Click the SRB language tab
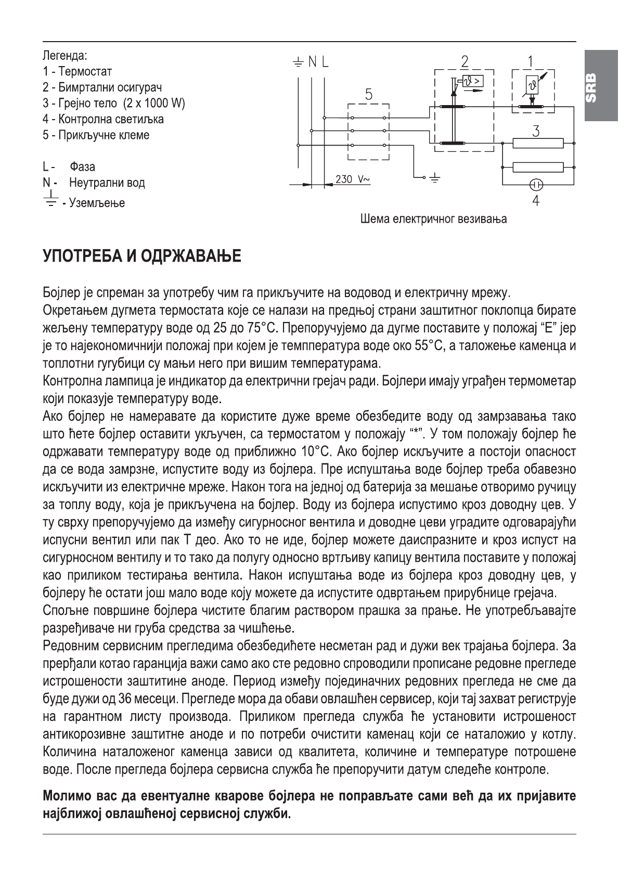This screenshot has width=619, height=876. click(601, 88)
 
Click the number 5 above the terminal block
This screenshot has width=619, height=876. click(368, 95)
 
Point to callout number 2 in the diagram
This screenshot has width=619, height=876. click(465, 61)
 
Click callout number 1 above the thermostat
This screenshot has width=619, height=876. click(530, 61)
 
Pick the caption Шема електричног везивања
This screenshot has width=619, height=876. click(433, 219)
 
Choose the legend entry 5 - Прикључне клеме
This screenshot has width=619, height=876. click(96, 135)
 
